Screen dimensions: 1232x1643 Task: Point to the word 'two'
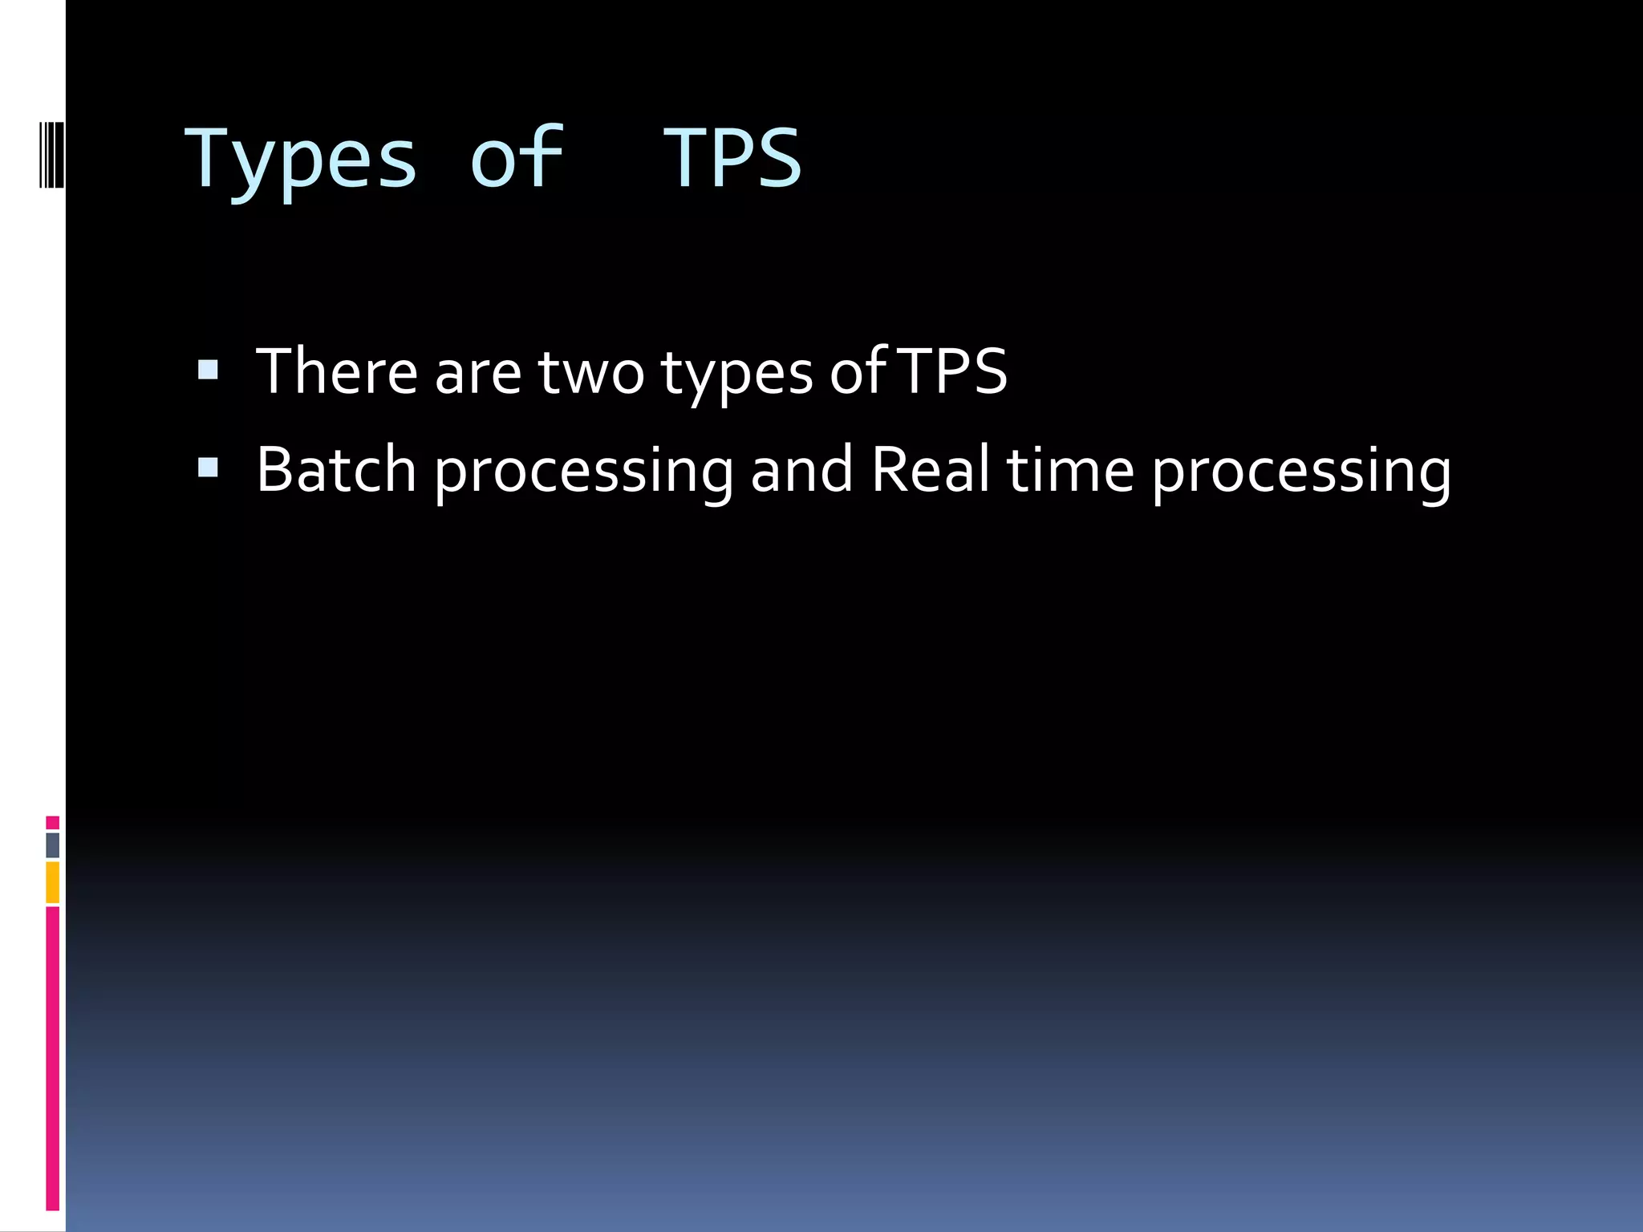pyautogui.click(x=591, y=371)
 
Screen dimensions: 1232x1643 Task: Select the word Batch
pyautogui.click(x=336, y=469)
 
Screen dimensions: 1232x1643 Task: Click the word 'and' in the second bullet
pyautogui.click(x=801, y=469)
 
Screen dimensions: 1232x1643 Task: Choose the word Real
pyautogui.click(x=930, y=469)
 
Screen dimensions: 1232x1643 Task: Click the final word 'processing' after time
pyautogui.click(x=1301, y=472)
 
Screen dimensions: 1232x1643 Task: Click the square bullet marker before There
pyautogui.click(x=208, y=369)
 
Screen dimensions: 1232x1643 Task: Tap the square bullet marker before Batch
pyautogui.click(x=208, y=468)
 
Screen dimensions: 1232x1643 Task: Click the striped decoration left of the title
pyautogui.click(x=52, y=154)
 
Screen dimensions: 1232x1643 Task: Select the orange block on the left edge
pyautogui.click(x=52, y=882)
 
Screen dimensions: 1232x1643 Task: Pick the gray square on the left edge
pyautogui.click(x=52, y=845)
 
